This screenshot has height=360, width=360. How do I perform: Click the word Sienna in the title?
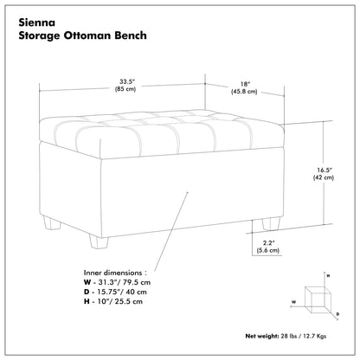36,22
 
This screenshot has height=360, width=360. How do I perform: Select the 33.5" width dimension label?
125,81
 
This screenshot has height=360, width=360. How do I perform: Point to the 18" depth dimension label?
245,84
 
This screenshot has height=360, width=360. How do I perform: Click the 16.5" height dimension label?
323,170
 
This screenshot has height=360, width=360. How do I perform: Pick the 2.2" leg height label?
268,243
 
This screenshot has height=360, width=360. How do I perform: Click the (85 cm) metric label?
125,89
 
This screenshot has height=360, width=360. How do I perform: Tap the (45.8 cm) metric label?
244,92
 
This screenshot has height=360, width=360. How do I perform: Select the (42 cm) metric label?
324,177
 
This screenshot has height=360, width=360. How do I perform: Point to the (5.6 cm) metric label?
268,250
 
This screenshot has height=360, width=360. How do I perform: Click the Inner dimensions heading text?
115,273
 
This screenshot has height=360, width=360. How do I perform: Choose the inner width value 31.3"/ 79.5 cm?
125,282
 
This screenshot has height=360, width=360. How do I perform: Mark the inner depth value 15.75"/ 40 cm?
122,292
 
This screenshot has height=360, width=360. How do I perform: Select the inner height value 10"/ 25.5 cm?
120,301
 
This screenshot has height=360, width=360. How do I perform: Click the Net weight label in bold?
262,336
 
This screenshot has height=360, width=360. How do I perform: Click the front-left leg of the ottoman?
99,241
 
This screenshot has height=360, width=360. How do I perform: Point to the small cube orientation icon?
318,299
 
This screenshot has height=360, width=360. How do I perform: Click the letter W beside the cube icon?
293,302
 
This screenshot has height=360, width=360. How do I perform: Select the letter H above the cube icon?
328,276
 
